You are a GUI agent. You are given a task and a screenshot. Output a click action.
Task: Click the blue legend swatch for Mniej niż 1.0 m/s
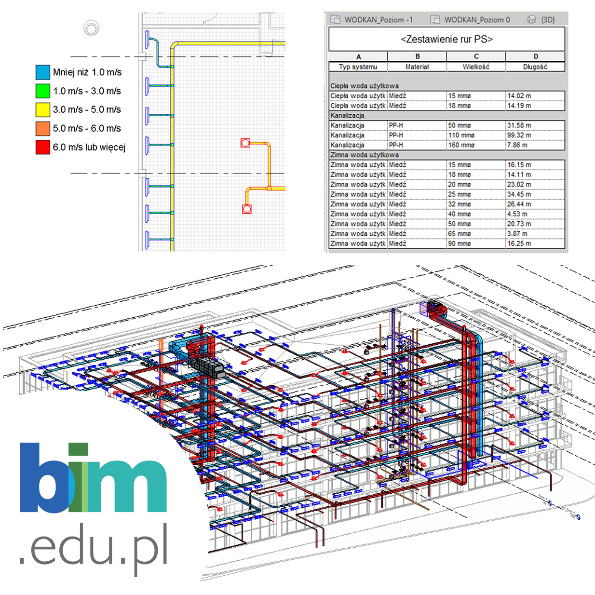click(x=43, y=72)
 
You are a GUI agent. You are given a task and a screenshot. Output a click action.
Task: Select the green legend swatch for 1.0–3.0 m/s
click(x=43, y=91)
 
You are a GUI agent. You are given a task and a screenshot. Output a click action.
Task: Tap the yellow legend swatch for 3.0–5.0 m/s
click(x=43, y=109)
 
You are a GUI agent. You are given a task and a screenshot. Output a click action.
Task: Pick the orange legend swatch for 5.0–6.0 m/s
click(x=43, y=128)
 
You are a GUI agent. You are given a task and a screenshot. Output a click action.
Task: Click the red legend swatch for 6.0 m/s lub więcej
click(x=43, y=147)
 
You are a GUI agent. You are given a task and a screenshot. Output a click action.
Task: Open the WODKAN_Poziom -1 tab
click(x=373, y=20)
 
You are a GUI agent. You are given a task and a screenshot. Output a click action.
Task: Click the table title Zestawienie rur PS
click(x=446, y=39)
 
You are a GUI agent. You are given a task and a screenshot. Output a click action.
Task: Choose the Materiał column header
click(x=417, y=67)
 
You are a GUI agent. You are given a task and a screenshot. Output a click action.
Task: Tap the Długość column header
click(x=535, y=67)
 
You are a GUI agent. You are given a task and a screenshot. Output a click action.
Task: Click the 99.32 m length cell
click(x=519, y=135)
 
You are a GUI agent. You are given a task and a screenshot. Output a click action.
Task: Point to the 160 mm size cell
click(x=461, y=145)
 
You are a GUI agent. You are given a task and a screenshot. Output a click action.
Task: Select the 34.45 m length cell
click(x=519, y=194)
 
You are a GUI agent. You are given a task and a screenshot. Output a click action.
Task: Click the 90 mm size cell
click(x=460, y=243)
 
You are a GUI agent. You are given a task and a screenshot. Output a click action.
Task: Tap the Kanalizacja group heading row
click(x=348, y=116)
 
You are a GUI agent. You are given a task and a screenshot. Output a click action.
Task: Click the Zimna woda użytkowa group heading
click(x=365, y=155)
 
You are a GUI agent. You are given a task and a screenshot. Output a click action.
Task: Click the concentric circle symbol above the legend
click(x=91, y=28)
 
